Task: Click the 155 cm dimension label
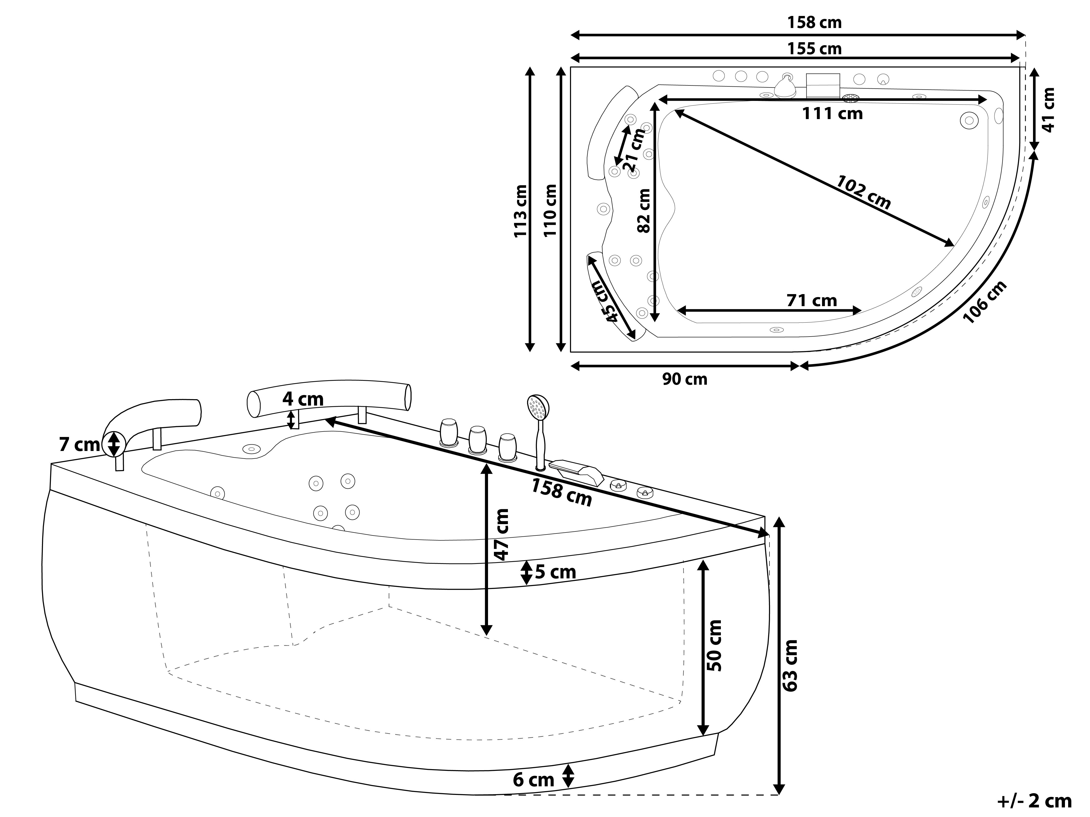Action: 814,49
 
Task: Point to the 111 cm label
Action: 832,114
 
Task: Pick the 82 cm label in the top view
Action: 643,211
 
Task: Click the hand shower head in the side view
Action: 538,407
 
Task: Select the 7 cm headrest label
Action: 79,445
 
